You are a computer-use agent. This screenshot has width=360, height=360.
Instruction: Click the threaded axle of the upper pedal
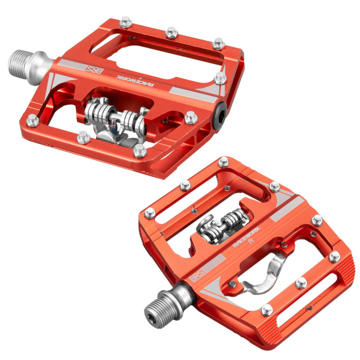pyautogui.click(x=25, y=58)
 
